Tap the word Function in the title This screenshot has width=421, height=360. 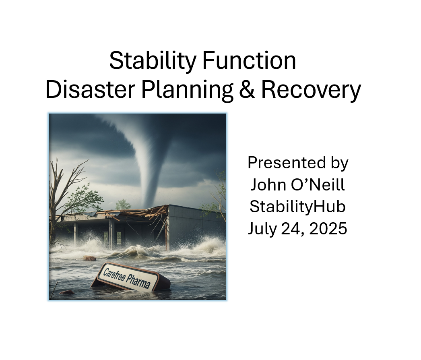point(249,60)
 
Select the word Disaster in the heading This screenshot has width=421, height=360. point(90,89)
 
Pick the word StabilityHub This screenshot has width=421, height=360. point(297,207)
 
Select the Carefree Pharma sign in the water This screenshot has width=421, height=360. point(131,277)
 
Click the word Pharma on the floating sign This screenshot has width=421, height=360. point(138,281)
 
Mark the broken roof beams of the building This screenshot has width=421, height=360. point(134,213)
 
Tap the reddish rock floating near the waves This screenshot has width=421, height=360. point(89,259)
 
